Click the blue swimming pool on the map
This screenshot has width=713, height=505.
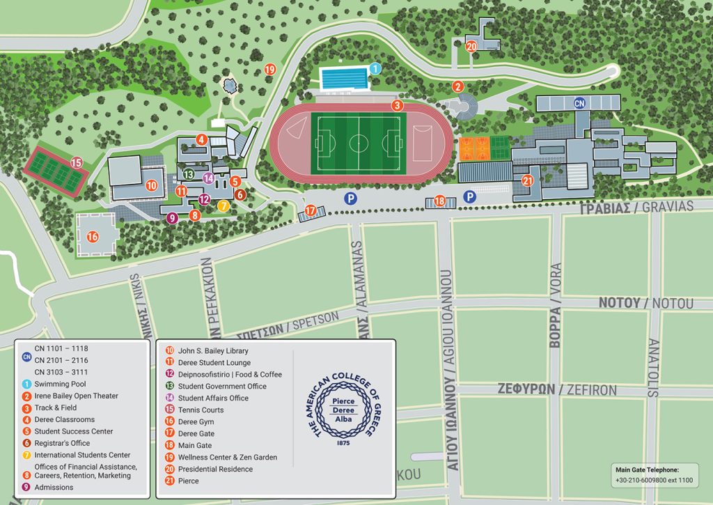(343, 78)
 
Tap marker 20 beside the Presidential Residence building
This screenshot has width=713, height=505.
(471, 47)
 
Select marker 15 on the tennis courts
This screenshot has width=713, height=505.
(76, 163)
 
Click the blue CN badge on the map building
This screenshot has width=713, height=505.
(579, 103)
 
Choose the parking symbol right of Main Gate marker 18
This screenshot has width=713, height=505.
(471, 197)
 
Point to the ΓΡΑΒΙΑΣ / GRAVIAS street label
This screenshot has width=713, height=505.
(637, 207)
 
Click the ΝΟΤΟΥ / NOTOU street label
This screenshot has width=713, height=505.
(646, 303)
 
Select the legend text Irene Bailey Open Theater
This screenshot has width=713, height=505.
(77, 396)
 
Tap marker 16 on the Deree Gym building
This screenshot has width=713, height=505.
(93, 237)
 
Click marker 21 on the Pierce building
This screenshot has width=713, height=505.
(527, 180)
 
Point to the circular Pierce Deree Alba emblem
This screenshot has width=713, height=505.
(343, 410)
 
